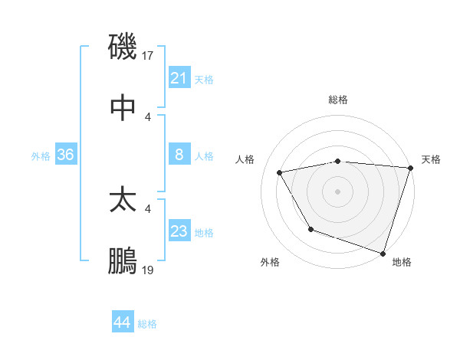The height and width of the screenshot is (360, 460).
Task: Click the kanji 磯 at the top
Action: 123,47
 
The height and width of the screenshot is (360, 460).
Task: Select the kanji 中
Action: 123,108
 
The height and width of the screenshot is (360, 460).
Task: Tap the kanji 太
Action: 123,200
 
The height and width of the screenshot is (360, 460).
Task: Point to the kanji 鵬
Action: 123,261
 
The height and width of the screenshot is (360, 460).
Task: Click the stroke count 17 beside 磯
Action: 149,56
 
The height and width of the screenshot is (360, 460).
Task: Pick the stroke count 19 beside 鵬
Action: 149,270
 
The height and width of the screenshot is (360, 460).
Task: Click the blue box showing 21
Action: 179,78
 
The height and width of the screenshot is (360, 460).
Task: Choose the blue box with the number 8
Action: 179,155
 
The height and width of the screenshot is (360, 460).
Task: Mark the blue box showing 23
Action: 179,231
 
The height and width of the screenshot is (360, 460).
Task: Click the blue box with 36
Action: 66,155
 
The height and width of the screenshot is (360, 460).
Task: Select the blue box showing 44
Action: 123,323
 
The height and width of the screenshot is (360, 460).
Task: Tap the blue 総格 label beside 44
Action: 147,324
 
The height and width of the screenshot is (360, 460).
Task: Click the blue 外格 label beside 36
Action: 41,155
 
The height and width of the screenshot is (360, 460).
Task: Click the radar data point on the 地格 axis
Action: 383,253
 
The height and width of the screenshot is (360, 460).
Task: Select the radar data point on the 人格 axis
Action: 280,173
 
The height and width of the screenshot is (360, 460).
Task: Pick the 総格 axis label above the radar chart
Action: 337,100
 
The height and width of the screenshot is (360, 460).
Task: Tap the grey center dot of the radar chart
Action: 337,191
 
